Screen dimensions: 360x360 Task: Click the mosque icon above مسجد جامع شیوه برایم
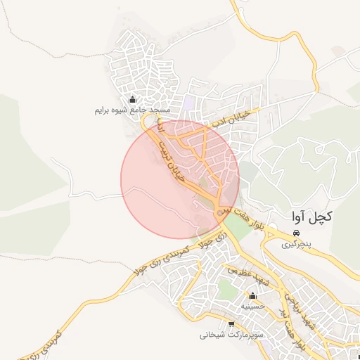(x=133, y=99)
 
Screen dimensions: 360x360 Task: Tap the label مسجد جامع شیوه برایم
(x=133, y=111)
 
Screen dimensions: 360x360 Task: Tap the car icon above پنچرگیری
(x=297, y=233)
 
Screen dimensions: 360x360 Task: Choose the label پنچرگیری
(x=297, y=245)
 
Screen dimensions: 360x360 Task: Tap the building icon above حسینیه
(x=252, y=295)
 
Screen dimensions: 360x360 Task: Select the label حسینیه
(x=252, y=307)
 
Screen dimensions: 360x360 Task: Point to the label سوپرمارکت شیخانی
(x=231, y=335)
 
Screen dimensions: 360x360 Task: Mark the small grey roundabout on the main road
(x=224, y=210)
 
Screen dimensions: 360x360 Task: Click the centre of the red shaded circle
(x=180, y=180)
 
